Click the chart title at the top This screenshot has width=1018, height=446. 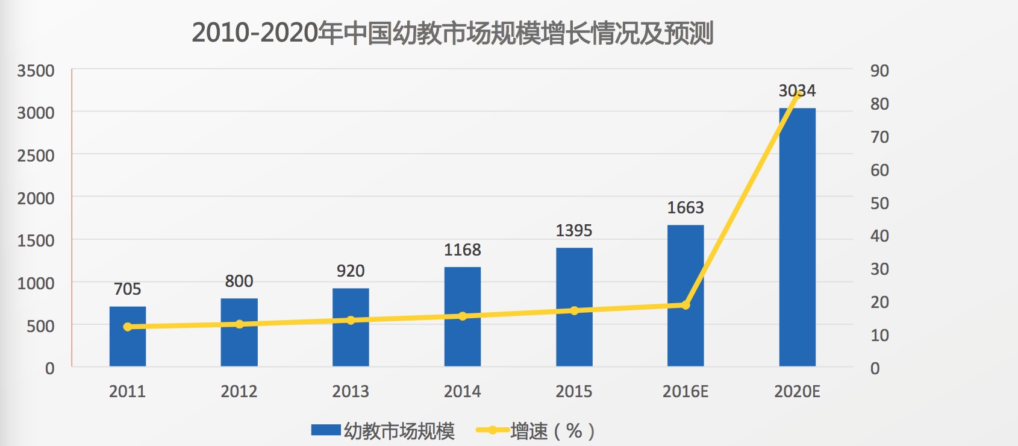click(x=452, y=33)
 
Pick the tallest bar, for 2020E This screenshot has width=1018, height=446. click(x=797, y=241)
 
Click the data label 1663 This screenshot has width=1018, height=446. click(x=685, y=208)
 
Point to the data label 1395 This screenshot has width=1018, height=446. click(x=573, y=230)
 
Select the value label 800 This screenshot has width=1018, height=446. click(x=239, y=281)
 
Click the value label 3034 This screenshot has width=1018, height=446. click(x=797, y=91)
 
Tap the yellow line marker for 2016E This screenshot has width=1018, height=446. click(x=685, y=305)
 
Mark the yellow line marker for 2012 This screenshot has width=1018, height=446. click(x=239, y=324)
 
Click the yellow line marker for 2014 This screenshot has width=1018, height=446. click(x=463, y=316)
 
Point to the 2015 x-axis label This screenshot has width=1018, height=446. click(x=573, y=392)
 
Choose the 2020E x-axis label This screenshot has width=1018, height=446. click(x=797, y=392)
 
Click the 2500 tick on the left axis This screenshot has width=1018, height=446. click(x=36, y=155)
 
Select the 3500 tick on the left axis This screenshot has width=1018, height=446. click(x=36, y=71)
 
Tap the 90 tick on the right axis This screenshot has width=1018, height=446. click(x=879, y=71)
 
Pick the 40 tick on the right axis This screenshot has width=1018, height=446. click(x=879, y=236)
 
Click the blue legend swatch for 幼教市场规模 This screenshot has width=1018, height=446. click(x=326, y=430)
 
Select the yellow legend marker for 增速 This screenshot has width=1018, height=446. click(x=492, y=430)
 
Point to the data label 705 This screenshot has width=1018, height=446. click(x=128, y=289)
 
